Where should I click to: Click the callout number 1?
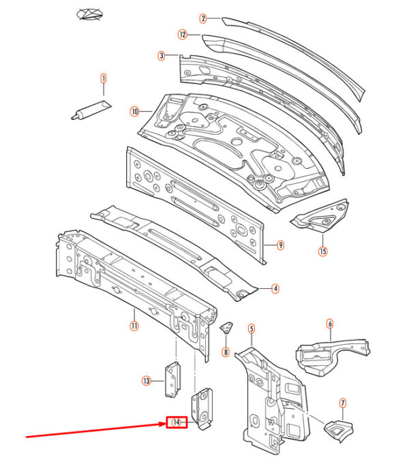coord(104,78)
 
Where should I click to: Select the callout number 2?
coord(203,18)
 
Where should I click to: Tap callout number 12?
coord(183,35)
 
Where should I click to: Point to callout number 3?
coord(162,56)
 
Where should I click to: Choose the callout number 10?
coord(134,112)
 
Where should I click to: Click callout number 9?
coord(280,245)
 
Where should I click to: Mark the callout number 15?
coord(323,251)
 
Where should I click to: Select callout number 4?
coord(275,288)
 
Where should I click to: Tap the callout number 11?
coord(134,326)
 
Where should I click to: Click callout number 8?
coord(226,352)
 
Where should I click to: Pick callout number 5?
coord(251,329)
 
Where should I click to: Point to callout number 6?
coord(330,324)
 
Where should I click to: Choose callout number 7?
coord(343,403)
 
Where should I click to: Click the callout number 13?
coord(147,381)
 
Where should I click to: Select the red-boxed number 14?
coord(177,422)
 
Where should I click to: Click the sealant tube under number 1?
coord(91,110)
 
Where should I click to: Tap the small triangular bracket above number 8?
coord(226,328)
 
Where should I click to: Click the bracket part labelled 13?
coord(172,380)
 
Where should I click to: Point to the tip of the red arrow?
coord(166,424)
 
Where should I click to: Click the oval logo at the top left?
coord(89,14)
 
